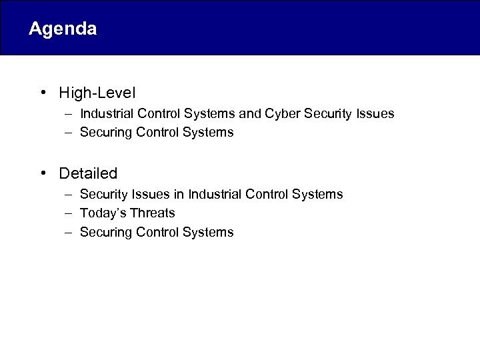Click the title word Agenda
63,29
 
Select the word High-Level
97,92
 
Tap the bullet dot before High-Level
43,92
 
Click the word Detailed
88,173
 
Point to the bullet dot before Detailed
43,173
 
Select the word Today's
103,213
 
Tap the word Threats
152,213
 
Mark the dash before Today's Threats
69,213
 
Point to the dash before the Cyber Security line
69,114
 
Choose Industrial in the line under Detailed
215,195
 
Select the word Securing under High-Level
105,133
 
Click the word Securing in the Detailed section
105,233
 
